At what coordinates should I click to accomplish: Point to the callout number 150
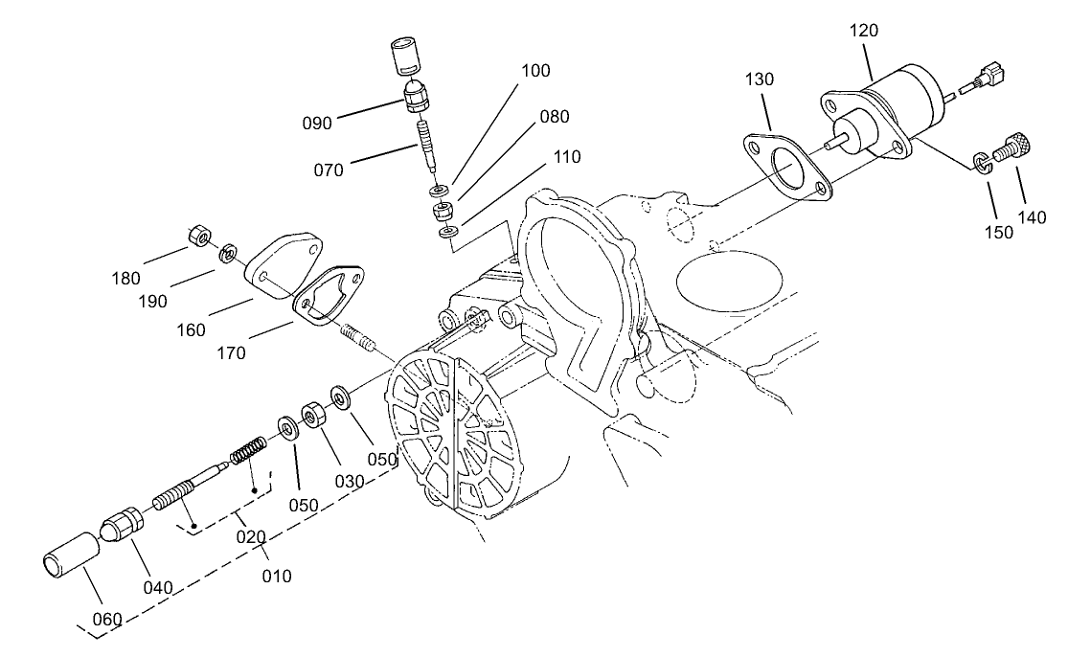[998, 232]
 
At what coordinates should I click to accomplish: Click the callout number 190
[151, 301]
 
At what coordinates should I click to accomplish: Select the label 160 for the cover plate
[191, 330]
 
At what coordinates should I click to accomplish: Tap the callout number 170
[231, 352]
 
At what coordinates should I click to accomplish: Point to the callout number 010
[276, 577]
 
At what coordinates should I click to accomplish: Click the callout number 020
[251, 536]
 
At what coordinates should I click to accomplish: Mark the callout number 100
[536, 71]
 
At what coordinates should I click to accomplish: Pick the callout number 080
[554, 117]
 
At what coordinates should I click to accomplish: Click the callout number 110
[566, 156]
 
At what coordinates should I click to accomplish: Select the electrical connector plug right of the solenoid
[986, 76]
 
